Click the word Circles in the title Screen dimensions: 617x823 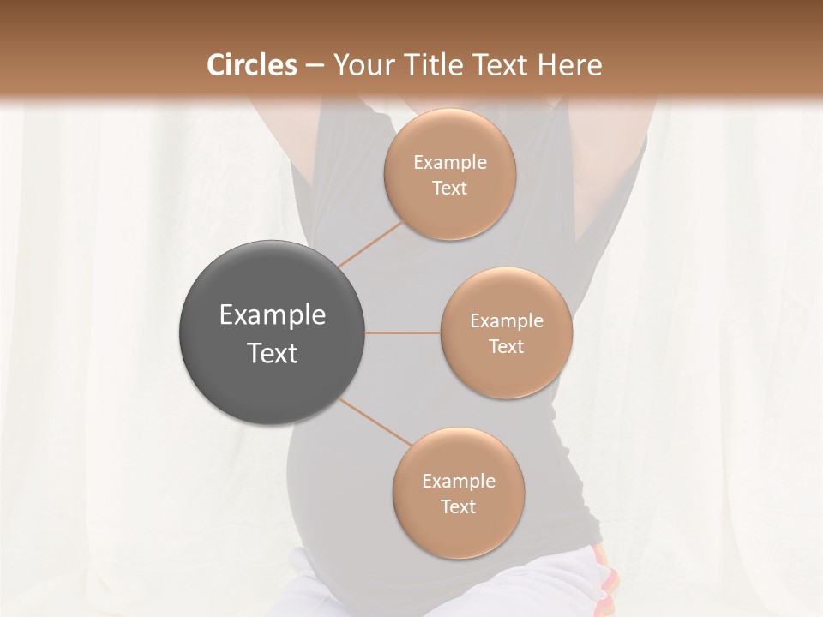[251, 65]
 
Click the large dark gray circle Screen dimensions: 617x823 [272, 332]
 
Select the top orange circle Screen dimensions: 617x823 [449, 174]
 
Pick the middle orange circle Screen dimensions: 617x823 [506, 332]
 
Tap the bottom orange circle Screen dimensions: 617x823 [458, 493]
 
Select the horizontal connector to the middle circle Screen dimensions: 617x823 [402, 332]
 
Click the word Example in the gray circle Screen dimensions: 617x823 [272, 315]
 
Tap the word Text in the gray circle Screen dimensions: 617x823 [272, 353]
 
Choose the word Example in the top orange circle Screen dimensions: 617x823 [449, 163]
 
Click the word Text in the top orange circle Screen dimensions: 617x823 [449, 188]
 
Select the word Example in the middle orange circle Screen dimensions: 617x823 [506, 321]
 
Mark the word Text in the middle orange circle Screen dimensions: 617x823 [506, 346]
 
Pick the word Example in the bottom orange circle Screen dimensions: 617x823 [458, 482]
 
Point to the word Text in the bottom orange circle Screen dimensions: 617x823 [458, 506]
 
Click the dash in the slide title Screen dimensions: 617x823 [314, 66]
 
